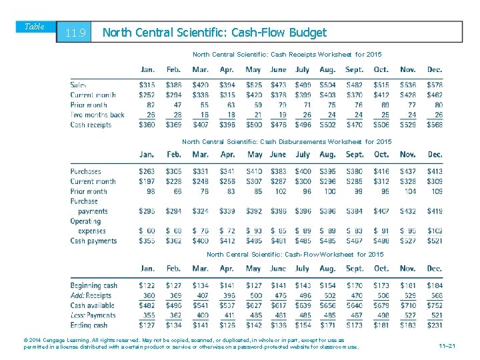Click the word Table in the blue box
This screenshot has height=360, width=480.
pyautogui.click(x=34, y=27)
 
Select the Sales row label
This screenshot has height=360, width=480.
pyautogui.click(x=79, y=85)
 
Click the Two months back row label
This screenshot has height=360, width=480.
pyautogui.click(x=97, y=115)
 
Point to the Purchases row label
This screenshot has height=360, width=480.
pyautogui.click(x=86, y=171)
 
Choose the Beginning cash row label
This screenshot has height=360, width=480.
pyautogui.click(x=94, y=285)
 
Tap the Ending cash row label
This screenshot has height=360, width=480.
pyautogui.click(x=89, y=325)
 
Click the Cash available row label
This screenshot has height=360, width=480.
pyautogui.click(x=93, y=305)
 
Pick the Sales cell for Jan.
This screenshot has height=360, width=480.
pyautogui.click(x=147, y=85)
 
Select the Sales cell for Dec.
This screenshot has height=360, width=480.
pyautogui.click(x=434, y=85)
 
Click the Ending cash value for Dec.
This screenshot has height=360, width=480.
pyautogui.click(x=434, y=325)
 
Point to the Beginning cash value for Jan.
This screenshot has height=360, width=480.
pyautogui.click(x=147, y=285)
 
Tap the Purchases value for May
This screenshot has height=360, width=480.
pyautogui.click(x=253, y=171)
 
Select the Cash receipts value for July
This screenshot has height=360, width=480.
pyautogui.click(x=303, y=125)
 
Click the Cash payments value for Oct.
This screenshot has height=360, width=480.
pyautogui.click(x=381, y=241)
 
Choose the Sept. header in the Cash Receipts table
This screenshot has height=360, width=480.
pyautogui.click(x=355, y=70)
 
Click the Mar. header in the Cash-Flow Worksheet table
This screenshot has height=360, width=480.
pyautogui.click(x=200, y=269)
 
